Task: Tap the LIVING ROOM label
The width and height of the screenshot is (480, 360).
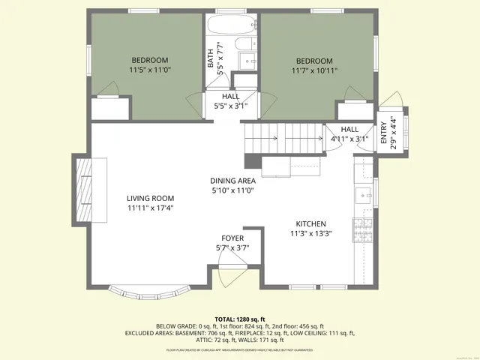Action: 150,199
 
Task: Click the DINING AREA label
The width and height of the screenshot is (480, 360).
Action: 232,181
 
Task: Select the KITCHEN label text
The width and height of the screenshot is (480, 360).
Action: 310,224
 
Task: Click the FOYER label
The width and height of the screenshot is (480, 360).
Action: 232,238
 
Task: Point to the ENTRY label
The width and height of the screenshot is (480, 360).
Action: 383,132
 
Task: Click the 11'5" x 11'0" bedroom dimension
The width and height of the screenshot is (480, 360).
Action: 150,70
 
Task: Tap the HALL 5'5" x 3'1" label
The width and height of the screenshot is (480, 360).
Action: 231,101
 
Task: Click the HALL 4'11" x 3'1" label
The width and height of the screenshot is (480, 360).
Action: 350,133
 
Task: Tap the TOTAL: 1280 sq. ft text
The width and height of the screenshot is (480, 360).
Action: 240,319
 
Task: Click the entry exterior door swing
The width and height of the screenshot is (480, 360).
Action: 391,102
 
